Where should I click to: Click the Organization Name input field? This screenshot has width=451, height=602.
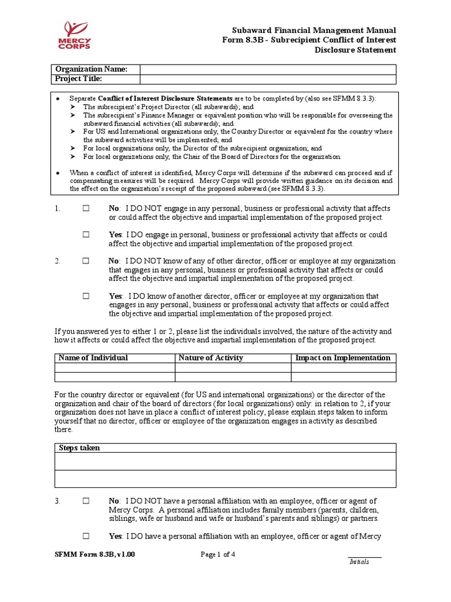click(x=268, y=69)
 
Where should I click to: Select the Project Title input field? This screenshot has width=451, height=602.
click(x=268, y=79)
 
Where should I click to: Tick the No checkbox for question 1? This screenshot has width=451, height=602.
click(x=86, y=209)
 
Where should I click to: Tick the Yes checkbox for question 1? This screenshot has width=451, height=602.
click(x=86, y=235)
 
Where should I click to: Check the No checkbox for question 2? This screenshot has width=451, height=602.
click(x=86, y=261)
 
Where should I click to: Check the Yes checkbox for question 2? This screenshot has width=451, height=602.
click(x=86, y=296)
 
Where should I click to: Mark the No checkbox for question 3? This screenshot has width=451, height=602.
click(x=86, y=501)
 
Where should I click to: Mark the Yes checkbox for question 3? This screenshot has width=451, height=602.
click(x=86, y=536)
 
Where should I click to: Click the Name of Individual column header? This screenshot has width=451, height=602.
click(x=93, y=358)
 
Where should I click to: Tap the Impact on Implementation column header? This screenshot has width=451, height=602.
click(x=342, y=358)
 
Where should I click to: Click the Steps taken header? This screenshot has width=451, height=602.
click(x=79, y=448)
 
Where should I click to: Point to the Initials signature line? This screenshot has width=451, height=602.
click(x=364, y=557)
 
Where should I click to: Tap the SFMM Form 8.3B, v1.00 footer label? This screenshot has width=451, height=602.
click(x=90, y=554)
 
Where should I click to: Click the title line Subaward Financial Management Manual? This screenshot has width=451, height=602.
click(x=314, y=31)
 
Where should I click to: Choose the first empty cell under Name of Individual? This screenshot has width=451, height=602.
click(x=115, y=368)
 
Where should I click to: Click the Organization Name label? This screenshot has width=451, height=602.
click(x=90, y=69)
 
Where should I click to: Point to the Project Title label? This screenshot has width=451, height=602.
click(x=79, y=79)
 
